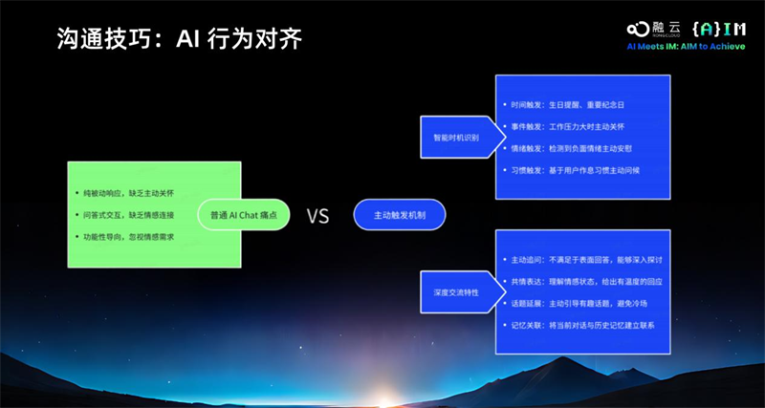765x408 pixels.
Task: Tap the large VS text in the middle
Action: click(317, 216)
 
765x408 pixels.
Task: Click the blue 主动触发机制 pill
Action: click(399, 215)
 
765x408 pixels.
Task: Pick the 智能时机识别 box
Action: click(455, 137)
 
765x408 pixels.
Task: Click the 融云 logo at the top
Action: click(653, 29)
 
